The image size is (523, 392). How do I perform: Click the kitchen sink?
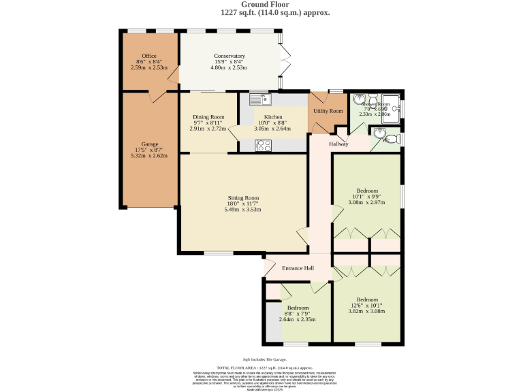[260, 100]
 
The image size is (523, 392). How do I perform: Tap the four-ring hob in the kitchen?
[263, 144]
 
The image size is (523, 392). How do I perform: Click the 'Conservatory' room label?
[229, 56]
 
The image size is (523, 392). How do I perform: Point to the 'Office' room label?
[149, 56]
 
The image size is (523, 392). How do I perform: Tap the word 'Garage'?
[149, 144]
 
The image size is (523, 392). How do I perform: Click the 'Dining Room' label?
[208, 117]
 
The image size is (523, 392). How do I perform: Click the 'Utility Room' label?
[328, 111]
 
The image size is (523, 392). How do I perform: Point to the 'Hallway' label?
[338, 144]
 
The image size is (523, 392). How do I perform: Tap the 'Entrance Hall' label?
[298, 268]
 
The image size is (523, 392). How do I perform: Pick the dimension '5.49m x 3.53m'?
[242, 210]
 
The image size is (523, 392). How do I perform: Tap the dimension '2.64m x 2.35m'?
[298, 319]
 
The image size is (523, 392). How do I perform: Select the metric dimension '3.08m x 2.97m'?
[367, 202]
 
